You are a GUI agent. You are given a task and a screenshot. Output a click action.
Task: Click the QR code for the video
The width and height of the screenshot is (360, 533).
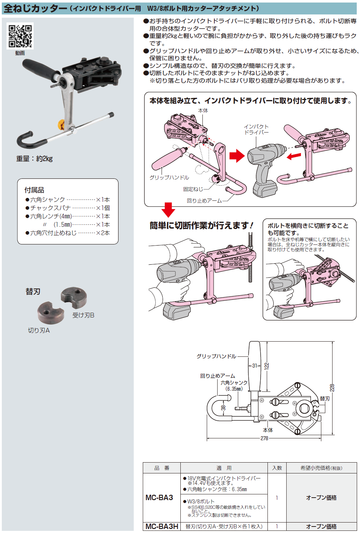click(20, 36)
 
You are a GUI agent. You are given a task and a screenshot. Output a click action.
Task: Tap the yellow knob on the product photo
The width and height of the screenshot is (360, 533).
click(61, 125)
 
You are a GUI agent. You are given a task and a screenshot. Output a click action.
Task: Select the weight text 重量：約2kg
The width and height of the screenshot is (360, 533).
click(34, 159)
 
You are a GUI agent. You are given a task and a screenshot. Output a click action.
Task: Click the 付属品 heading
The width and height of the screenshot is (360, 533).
click(34, 190)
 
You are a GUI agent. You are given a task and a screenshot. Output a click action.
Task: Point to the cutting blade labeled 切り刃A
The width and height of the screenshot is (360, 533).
click(50, 312)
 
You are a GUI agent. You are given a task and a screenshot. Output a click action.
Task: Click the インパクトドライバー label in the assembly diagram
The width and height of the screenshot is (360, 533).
click(256, 130)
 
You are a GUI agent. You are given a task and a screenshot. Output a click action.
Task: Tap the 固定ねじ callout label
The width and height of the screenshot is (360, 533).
click(193, 189)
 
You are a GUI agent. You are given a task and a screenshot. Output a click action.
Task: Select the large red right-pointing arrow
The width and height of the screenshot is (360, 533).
click(237, 156)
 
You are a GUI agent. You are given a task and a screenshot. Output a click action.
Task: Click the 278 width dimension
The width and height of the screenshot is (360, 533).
click(264, 438)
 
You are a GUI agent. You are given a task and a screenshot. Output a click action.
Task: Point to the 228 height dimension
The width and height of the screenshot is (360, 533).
click(332, 388)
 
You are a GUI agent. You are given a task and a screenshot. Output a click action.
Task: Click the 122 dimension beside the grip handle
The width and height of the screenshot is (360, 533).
click(267, 366)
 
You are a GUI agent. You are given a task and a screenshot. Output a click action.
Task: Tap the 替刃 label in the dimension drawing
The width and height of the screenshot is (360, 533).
click(325, 399)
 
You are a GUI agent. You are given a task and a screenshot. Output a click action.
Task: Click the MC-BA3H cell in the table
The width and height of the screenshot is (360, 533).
click(162, 526)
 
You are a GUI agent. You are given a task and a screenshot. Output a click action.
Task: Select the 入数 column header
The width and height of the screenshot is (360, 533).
click(277, 468)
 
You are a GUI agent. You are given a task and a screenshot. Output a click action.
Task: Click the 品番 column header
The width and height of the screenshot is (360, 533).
click(162, 468)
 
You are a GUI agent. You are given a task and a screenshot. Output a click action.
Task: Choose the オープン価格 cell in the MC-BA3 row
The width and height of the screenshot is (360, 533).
click(321, 498)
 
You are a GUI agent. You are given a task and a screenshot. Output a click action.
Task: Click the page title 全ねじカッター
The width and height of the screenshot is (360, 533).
click(35, 8)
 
